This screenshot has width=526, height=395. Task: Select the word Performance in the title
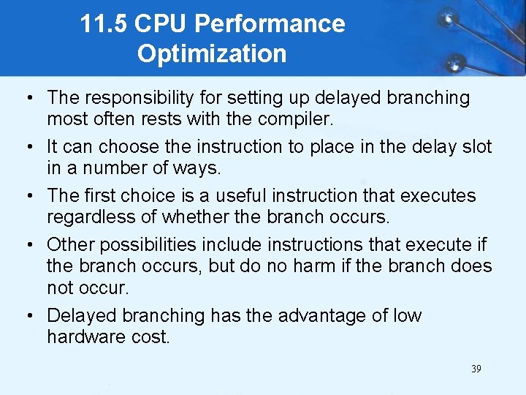coord(270,24)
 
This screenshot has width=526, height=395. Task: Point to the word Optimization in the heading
coord(212,53)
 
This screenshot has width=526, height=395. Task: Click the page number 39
coord(476,369)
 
